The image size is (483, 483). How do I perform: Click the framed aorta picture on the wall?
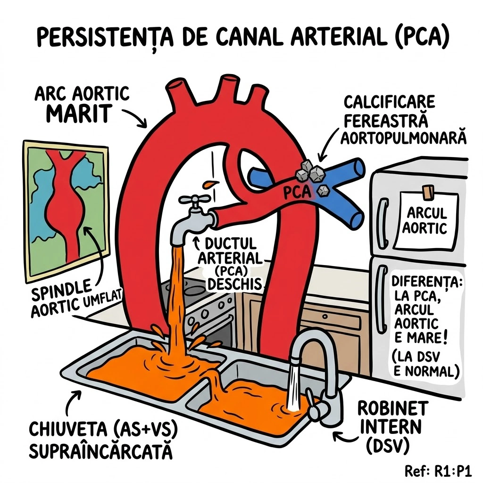pyautogui.click(x=66, y=210)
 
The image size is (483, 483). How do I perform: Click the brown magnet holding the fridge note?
pyautogui.click(x=428, y=191)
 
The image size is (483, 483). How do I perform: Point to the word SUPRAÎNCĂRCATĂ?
pyautogui.click(x=100, y=451)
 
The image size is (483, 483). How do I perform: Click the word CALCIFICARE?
pyautogui.click(x=389, y=102)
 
